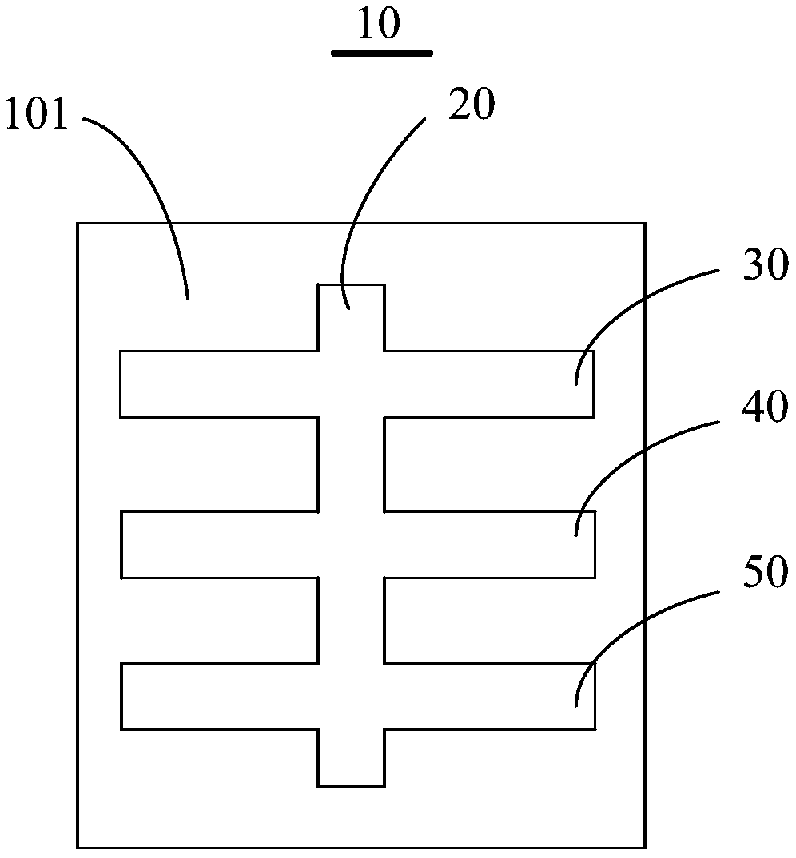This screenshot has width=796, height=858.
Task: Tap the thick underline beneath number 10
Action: coord(382,54)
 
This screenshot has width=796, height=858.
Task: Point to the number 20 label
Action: coord(471,105)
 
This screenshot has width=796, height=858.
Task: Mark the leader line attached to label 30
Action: coord(631,308)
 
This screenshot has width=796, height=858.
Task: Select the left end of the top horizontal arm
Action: coord(136,383)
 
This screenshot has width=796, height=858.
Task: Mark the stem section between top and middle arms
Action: coord(352,463)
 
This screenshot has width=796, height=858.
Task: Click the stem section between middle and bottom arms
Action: coord(352,620)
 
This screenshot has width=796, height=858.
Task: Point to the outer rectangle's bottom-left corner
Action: coord(78,847)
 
